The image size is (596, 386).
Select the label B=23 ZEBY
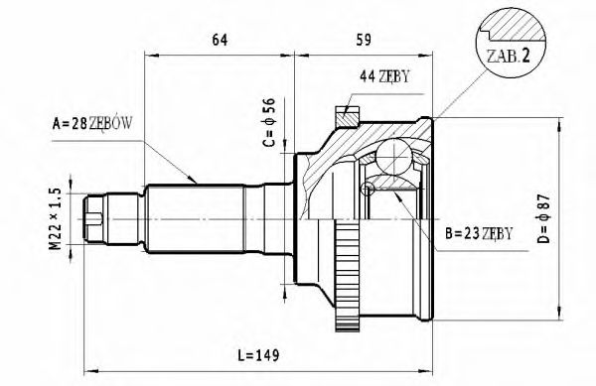[x=479, y=233]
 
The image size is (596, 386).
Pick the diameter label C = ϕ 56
[x=267, y=123]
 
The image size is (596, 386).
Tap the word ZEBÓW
[x=111, y=124]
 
